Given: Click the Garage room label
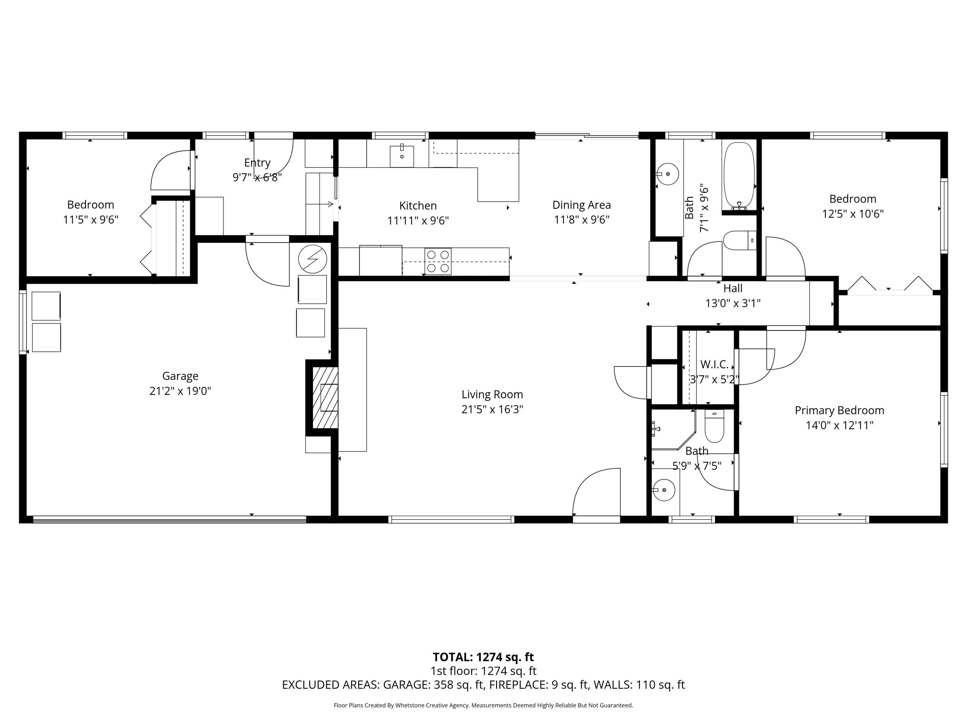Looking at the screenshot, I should coord(180,376).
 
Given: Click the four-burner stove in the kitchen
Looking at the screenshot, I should coord(438,261).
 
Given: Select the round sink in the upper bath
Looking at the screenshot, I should coord(667,174).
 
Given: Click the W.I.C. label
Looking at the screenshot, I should coord(714,364).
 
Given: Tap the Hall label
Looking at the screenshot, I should coord(733,288).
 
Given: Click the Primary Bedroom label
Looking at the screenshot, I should coord(839,411).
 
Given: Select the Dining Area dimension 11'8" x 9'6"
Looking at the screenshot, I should coord(581,220).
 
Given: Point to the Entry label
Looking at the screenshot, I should coord(257,163).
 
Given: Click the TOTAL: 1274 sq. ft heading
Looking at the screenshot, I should coord(483,657).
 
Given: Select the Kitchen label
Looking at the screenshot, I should coord(417,205).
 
